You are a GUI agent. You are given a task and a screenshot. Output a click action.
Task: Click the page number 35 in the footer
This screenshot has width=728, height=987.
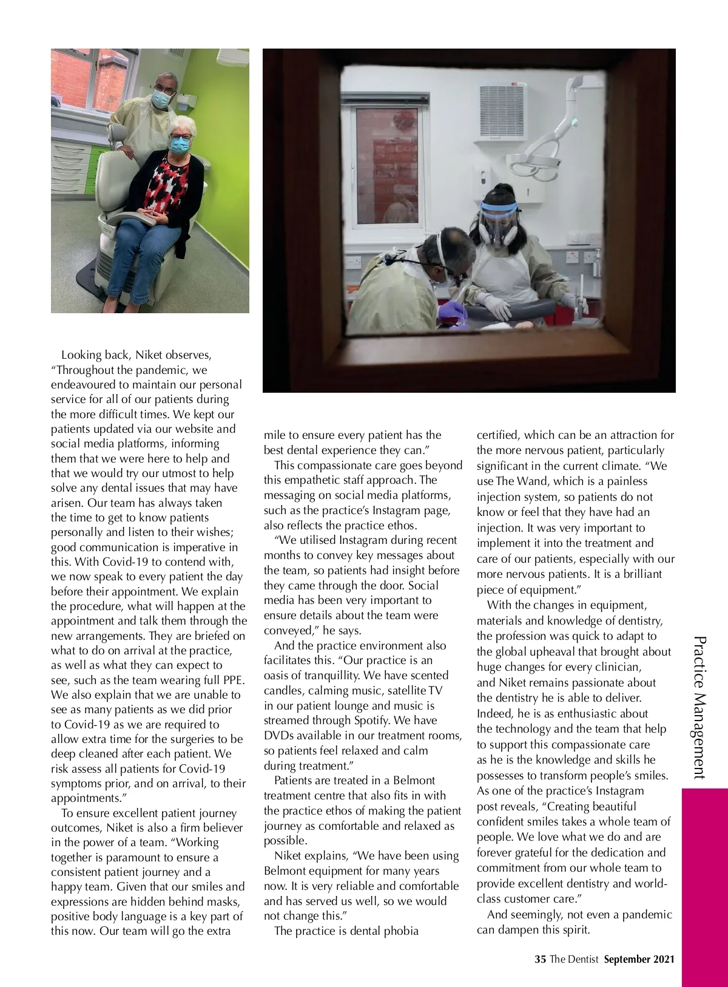(540, 960)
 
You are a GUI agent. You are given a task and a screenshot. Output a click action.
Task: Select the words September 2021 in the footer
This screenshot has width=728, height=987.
(639, 960)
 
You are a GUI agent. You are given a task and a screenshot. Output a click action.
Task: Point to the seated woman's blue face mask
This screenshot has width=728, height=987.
(180, 144)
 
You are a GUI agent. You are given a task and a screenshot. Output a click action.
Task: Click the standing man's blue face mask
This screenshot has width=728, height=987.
(162, 97)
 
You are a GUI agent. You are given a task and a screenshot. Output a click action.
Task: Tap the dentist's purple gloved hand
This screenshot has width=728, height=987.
(452, 311)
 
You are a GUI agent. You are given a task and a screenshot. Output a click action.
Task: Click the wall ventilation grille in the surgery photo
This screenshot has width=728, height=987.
(502, 111)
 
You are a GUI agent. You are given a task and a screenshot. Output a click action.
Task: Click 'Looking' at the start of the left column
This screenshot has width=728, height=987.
(82, 355)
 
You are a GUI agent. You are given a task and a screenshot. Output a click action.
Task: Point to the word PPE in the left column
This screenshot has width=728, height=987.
(233, 680)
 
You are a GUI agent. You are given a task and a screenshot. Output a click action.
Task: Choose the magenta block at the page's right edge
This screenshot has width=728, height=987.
(704, 886)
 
